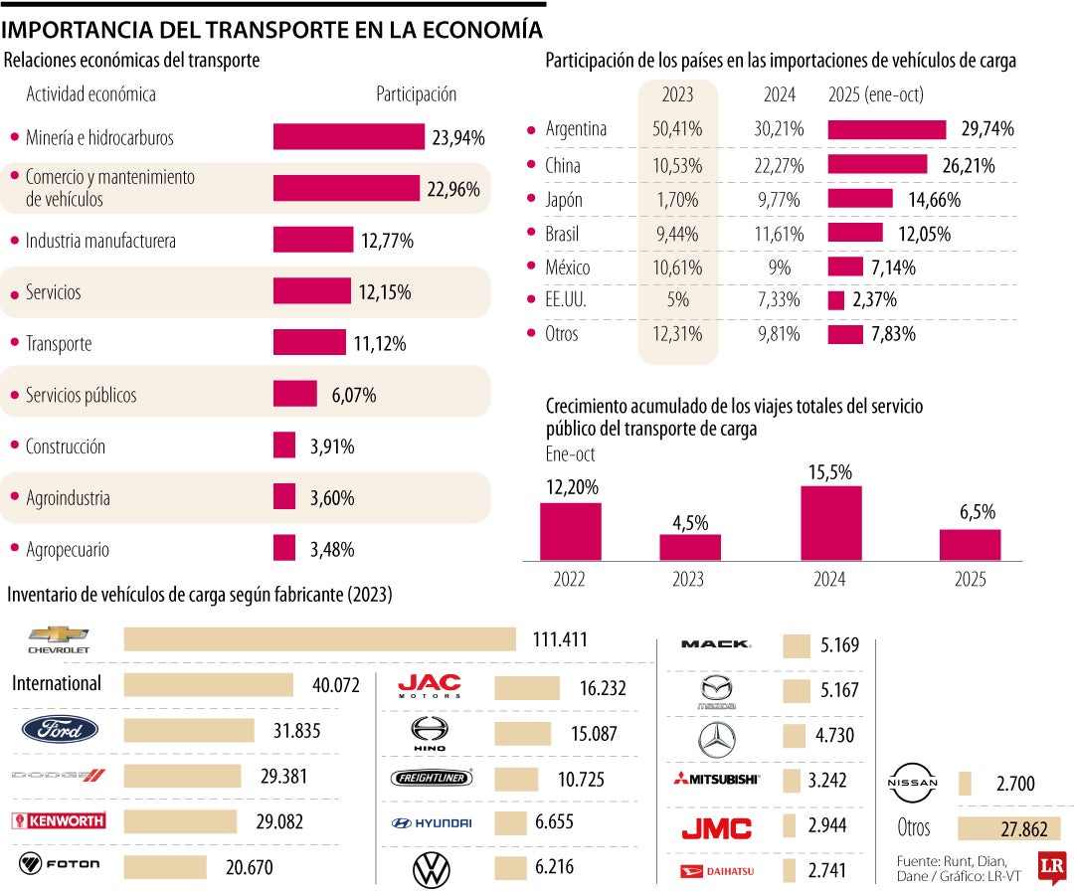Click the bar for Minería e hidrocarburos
(x=348, y=137)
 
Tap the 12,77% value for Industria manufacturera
(x=387, y=241)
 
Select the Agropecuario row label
(x=68, y=550)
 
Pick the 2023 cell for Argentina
(x=677, y=129)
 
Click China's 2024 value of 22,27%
(x=779, y=165)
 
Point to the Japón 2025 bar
(x=860, y=199)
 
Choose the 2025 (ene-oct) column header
(x=876, y=95)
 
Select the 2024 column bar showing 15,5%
(x=830, y=523)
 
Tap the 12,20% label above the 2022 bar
(x=570, y=489)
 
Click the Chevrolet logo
(x=60, y=639)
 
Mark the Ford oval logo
(x=60, y=731)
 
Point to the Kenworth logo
(x=58, y=821)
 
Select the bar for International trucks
(x=209, y=684)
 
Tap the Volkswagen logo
(x=431, y=870)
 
